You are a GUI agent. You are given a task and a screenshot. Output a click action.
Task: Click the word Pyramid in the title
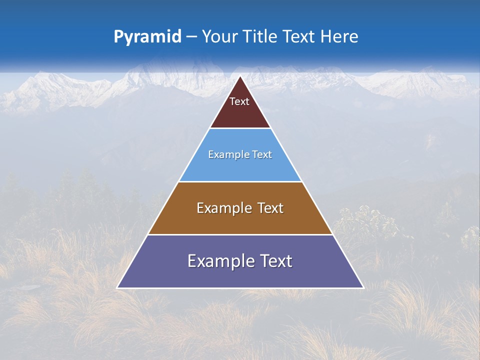click(147, 37)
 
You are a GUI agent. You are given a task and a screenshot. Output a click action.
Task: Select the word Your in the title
click(220, 36)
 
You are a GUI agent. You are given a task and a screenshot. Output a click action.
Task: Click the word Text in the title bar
click(299, 36)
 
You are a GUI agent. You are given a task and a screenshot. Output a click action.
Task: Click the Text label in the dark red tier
click(239, 101)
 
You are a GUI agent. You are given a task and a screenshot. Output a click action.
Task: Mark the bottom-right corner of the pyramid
click(363, 288)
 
